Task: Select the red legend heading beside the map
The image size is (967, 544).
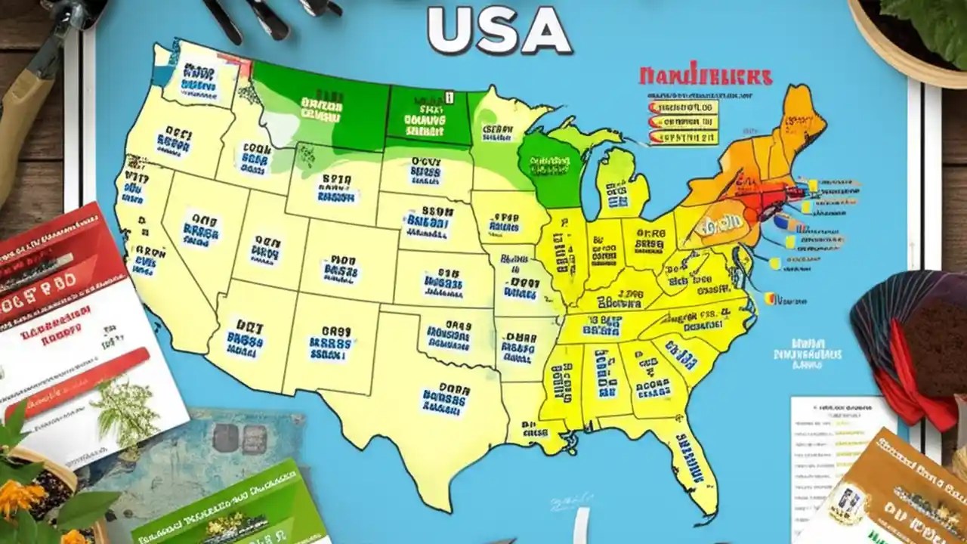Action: click(706, 76)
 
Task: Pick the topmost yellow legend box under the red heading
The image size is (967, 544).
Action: click(684, 108)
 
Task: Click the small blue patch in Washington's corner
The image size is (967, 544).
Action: click(162, 75)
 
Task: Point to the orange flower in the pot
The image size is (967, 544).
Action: click(19, 499)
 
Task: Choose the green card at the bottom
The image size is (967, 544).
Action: click(227, 506)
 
